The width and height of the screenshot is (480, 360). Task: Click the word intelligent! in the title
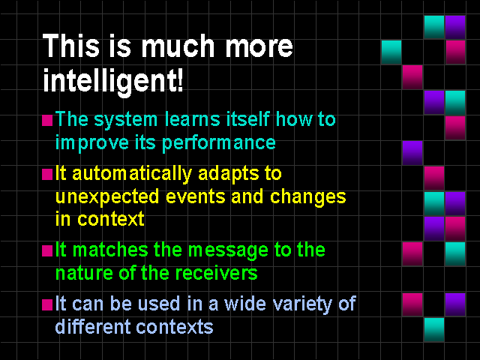click(113, 80)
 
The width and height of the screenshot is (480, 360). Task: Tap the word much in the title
click(178, 46)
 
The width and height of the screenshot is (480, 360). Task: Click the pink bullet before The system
click(47, 120)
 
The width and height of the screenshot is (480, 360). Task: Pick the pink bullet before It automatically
click(47, 175)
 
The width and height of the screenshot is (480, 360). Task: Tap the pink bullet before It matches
click(47, 250)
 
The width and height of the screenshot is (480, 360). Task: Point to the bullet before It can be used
click(47, 305)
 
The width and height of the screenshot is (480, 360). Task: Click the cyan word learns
click(192, 118)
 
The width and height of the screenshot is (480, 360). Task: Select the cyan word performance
click(218, 143)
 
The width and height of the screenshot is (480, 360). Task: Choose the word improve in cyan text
click(91, 143)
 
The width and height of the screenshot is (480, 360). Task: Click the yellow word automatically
click(132, 174)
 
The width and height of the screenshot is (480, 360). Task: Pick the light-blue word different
click(93, 326)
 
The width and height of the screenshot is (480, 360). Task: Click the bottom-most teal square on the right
click(433, 329)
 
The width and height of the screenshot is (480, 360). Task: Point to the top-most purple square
click(455, 27)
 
